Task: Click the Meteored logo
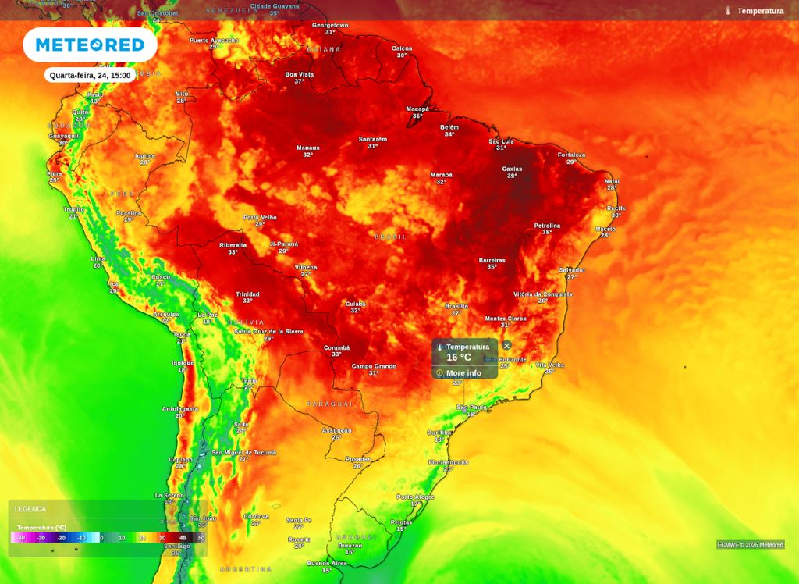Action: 90,45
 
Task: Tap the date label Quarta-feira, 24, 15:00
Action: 90,76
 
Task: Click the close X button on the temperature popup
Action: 506,345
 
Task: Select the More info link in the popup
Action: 463,373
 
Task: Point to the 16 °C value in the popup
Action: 459,358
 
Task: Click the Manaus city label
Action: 308,148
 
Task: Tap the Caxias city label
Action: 512,169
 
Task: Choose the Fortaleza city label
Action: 571,155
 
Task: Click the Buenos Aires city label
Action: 327,563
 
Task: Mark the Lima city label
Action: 98,258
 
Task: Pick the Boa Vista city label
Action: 299,74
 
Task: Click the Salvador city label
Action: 572,270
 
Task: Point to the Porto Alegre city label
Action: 415,497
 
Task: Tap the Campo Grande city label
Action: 374,366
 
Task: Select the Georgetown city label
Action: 330,25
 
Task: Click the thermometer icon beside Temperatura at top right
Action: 727,11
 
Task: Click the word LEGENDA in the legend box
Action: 30,509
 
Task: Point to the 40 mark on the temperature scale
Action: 183,538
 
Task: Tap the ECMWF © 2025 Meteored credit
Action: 750,545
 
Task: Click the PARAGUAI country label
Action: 329,404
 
